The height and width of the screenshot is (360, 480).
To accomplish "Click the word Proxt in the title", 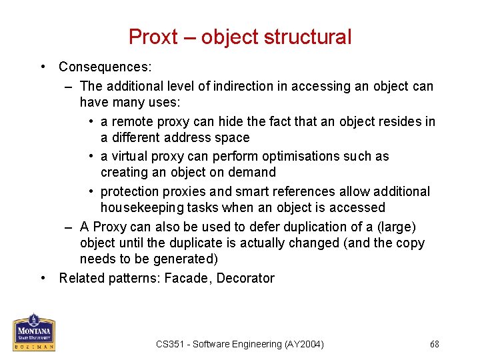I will click(153, 37).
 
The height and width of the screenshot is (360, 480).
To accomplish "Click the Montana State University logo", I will click(34, 331).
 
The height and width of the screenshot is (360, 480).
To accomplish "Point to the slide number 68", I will click(434, 344).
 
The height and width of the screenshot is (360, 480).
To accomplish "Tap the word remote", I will click(132, 121).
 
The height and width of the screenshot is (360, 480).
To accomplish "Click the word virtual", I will click(131, 156).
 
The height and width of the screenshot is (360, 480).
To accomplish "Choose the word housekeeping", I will click(143, 208).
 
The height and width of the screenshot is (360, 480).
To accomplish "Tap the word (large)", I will click(396, 227).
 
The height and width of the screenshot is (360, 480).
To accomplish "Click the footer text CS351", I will click(169, 344).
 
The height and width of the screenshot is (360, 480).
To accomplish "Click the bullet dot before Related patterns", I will click(43, 278).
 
